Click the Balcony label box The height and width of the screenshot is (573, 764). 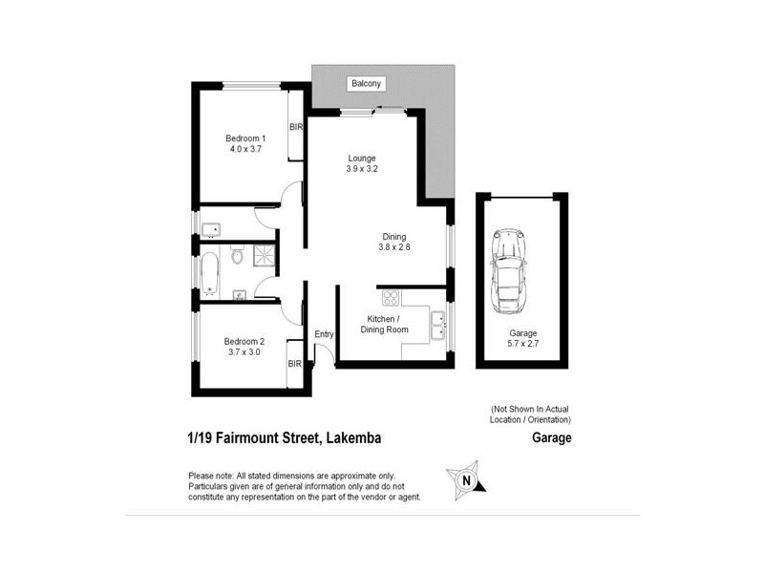pyautogui.click(x=365, y=84)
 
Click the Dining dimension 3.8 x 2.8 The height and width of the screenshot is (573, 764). pyautogui.click(x=393, y=249)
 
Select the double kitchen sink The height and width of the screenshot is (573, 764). pyautogui.click(x=437, y=325)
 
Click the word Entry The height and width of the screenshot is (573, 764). pyautogui.click(x=324, y=333)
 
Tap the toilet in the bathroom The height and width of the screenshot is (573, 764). pyautogui.click(x=239, y=257)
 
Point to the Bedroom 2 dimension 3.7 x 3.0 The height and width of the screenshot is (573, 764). pyautogui.click(x=243, y=351)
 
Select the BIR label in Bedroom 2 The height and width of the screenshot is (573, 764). pyautogui.click(x=295, y=364)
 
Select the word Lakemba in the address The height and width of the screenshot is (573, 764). pyautogui.click(x=361, y=439)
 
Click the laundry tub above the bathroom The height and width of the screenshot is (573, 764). pyautogui.click(x=212, y=228)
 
